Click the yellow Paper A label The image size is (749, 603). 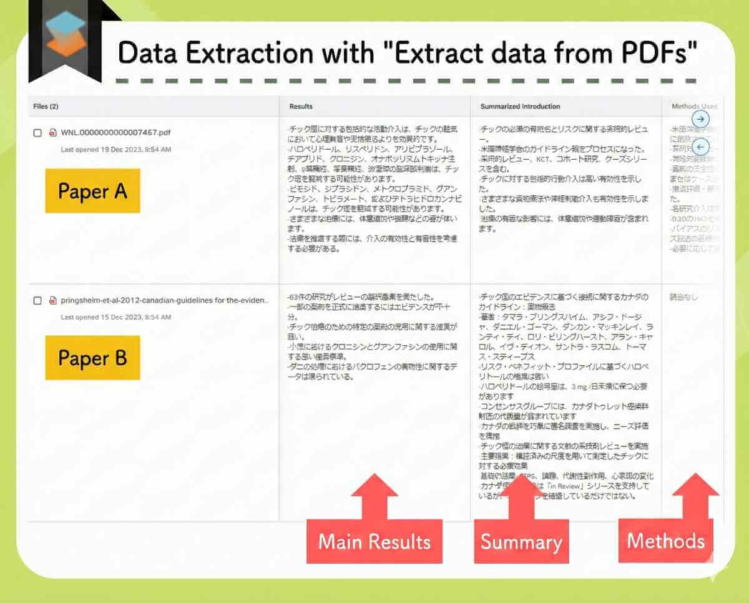(x=92, y=190)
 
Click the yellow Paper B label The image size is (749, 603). (x=92, y=358)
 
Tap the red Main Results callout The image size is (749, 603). (x=374, y=541)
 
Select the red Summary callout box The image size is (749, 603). (x=521, y=542)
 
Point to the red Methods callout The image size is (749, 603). (x=665, y=541)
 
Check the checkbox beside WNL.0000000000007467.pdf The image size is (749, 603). (x=37, y=133)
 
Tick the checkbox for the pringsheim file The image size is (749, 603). (x=37, y=300)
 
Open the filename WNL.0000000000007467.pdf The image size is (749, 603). (x=115, y=132)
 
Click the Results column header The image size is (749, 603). (x=301, y=107)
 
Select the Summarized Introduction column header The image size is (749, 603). (x=520, y=107)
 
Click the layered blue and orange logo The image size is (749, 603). (x=65, y=34)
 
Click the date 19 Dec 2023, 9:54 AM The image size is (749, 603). (x=115, y=150)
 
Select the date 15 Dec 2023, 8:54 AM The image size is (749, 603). (x=115, y=317)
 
